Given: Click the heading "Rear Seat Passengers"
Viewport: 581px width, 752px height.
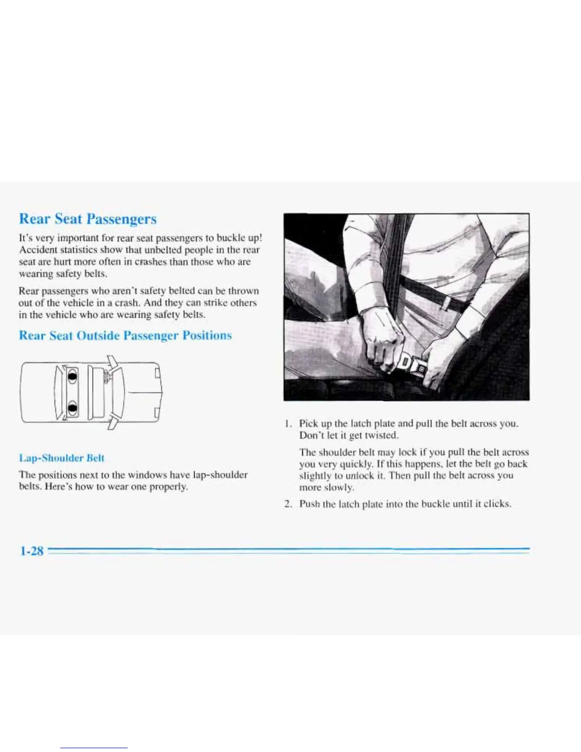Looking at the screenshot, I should tap(88, 219).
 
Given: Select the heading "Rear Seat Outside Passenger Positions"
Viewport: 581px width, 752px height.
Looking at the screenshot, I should tap(125, 336).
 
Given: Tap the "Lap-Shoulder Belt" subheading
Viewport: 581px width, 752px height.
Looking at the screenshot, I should tap(61, 458).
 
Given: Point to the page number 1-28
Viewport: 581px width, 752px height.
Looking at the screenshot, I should tap(31, 551).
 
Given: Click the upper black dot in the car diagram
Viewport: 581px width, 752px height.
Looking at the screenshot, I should tap(72, 377).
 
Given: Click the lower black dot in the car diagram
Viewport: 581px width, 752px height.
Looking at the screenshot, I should tap(72, 407).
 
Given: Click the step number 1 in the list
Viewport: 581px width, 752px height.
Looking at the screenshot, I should tap(287, 423).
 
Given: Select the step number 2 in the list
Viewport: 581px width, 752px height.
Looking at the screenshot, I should tap(288, 504).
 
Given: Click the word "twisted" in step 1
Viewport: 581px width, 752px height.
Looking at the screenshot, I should tap(382, 435).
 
